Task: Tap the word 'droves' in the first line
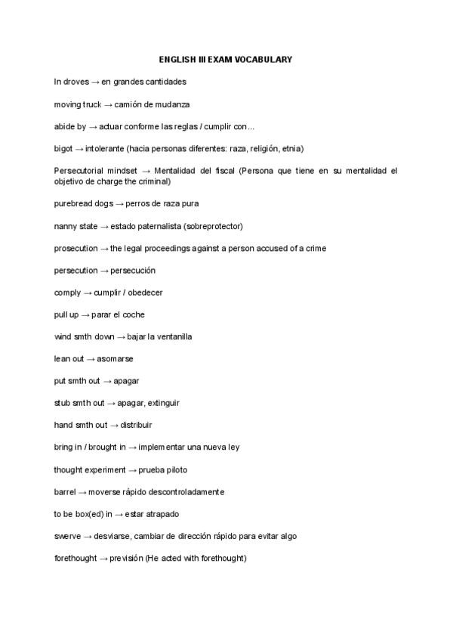(78, 82)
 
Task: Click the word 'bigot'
(63, 148)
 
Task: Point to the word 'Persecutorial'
(79, 171)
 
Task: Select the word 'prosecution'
(75, 248)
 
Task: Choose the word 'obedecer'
(144, 293)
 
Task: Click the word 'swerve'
(67, 536)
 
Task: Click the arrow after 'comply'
(86, 293)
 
